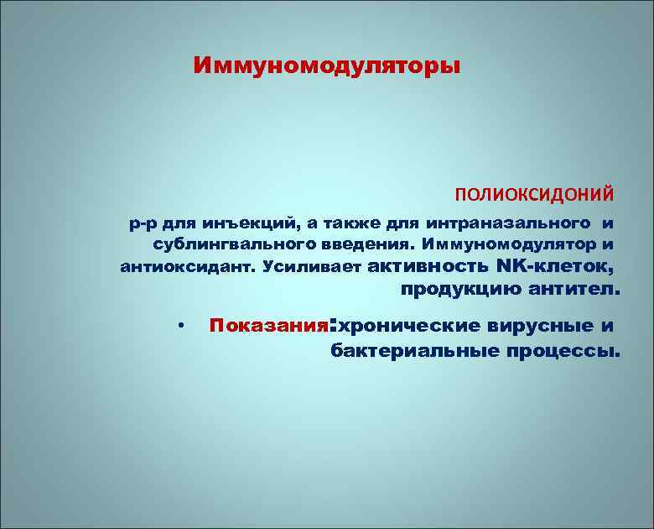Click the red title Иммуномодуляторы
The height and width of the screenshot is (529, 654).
coord(326,65)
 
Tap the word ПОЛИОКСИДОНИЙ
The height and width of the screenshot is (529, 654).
coord(534,195)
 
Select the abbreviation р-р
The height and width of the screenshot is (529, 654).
coord(141,224)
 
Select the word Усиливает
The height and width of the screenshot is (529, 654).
coord(310,268)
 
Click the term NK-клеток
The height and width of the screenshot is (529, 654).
coord(555,267)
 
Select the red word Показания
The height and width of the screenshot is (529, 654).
coord(267,326)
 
